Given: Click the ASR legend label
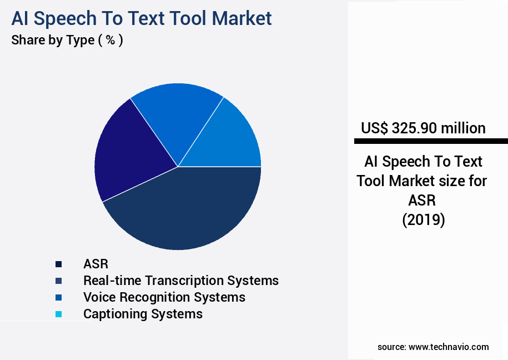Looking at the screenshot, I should tap(95, 264).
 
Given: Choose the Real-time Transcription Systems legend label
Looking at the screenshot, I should tap(180, 281).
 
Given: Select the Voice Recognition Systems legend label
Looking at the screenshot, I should tap(164, 297).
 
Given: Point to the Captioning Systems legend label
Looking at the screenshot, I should tap(143, 314).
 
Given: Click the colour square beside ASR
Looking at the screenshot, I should tap(58, 264).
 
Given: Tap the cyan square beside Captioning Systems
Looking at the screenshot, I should tap(58, 314).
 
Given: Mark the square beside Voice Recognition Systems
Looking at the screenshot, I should tap(58, 297).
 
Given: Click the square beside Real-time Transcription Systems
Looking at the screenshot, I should tap(58, 281).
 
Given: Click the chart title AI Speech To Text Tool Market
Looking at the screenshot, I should tap(142, 18).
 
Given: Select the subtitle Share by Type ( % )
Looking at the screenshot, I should tap(67, 41).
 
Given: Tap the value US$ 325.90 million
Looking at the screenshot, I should tap(423, 128).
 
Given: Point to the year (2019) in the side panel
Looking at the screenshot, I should tap(423, 220).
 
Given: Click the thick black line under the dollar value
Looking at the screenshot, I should tap(427, 141).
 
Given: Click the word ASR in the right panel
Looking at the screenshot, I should tap(423, 201).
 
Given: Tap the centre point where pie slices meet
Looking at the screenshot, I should tap(178, 166).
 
